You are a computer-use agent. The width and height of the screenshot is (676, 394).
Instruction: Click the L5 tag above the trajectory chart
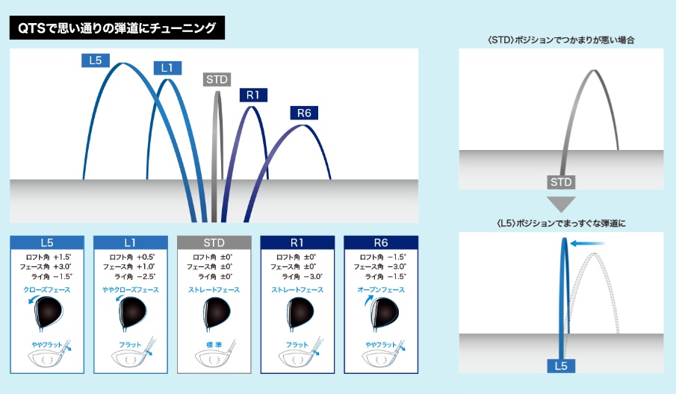click(94, 60)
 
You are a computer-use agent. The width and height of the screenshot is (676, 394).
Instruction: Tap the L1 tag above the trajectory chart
click(167, 68)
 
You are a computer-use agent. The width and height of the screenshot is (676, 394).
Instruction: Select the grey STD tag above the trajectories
click(217, 79)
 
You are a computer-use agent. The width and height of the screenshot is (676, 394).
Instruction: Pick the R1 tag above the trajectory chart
click(253, 95)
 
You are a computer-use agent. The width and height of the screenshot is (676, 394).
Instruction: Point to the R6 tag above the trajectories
click(303, 113)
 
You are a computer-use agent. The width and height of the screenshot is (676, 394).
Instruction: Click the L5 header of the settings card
click(46, 243)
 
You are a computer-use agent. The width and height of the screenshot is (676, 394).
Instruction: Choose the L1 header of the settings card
click(130, 243)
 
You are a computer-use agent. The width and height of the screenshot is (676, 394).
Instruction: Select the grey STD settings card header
click(214, 243)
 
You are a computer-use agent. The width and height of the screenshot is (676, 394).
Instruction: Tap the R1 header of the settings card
click(297, 243)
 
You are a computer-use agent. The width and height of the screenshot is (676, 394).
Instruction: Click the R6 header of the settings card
click(380, 243)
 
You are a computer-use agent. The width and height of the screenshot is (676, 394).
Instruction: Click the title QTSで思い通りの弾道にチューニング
click(117, 30)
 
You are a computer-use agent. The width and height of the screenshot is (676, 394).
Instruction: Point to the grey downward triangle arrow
click(561, 202)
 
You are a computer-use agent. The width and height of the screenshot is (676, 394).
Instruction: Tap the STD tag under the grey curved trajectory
click(561, 182)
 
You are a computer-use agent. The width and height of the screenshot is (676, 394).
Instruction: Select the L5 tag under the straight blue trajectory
click(561, 366)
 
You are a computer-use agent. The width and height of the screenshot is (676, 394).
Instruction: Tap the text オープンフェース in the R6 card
click(380, 290)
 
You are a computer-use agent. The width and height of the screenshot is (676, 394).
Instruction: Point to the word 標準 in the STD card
click(214, 345)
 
